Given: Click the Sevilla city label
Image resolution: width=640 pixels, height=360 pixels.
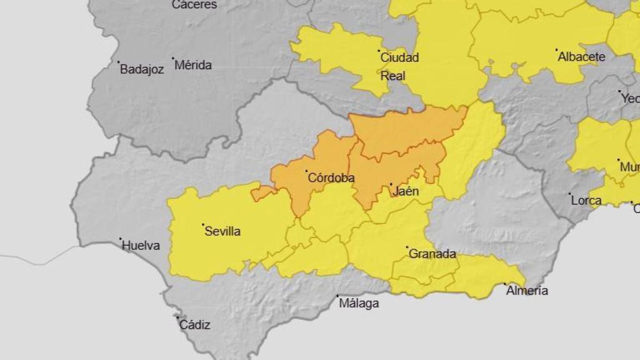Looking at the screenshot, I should click(224, 231).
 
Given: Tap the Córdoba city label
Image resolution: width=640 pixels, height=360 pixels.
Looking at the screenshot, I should click(331, 178).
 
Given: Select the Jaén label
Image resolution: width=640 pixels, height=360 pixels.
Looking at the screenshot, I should click(406, 191).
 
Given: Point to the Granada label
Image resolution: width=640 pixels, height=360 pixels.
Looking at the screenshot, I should click(432, 254).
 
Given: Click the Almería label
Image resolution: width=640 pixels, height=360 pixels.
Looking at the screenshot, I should click(527, 291).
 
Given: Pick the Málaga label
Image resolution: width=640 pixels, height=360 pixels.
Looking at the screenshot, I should click(359, 304).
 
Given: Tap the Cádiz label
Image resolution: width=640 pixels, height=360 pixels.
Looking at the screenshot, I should click(195, 325).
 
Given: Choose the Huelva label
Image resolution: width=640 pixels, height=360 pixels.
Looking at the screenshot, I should click(141, 246).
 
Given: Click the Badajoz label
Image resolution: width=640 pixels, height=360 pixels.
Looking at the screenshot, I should click(142, 69).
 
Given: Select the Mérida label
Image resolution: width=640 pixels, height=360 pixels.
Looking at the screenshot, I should click(193, 65).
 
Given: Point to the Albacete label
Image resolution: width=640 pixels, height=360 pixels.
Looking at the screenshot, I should click(581, 57).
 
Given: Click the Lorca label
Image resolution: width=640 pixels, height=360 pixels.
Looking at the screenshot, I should click(587, 201).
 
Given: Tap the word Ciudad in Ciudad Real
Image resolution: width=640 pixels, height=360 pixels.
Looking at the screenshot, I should click(399, 57).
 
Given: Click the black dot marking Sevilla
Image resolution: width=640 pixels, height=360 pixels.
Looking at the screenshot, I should click(203, 224).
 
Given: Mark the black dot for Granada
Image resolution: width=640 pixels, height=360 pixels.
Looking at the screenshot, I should click(407, 247).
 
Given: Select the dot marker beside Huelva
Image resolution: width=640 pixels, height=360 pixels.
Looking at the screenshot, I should click(121, 239).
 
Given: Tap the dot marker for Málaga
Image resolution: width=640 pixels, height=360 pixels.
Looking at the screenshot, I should click(337, 296).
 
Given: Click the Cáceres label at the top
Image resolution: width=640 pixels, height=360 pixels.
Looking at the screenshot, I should click(194, 5).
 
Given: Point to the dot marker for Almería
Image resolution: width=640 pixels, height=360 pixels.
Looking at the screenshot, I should click(505, 284).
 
